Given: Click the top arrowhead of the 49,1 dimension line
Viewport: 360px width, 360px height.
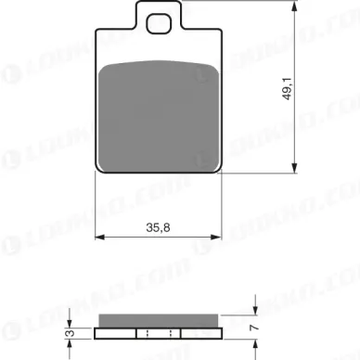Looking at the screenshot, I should click(x=294, y=6).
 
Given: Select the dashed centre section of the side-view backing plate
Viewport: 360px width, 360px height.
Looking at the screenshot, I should click(x=157, y=334).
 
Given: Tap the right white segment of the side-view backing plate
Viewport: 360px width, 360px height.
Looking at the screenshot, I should click(x=198, y=334).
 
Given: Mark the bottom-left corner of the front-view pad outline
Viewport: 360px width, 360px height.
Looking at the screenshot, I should click(x=98, y=173).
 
